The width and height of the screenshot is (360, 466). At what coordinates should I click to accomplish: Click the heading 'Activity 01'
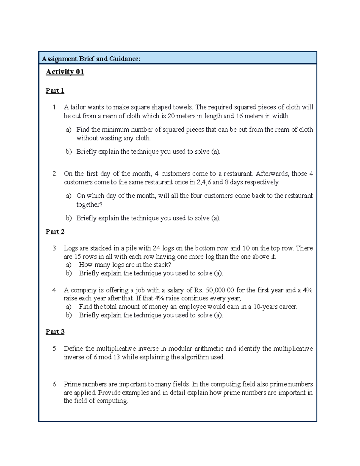pyautogui.click(x=65, y=72)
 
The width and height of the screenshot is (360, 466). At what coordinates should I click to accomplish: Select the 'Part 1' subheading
pyautogui.click(x=55, y=91)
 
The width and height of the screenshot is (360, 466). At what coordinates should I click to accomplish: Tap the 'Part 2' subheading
pyautogui.click(x=55, y=232)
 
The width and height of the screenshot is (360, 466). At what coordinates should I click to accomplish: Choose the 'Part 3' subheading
pyautogui.click(x=55, y=332)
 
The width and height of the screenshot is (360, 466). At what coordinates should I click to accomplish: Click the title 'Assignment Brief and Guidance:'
pyautogui.click(x=91, y=59)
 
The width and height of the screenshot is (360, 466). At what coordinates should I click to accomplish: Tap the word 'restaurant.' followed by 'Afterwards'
pyautogui.click(x=238, y=174)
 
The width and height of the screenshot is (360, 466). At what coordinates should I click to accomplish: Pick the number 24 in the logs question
pyautogui.click(x=156, y=248)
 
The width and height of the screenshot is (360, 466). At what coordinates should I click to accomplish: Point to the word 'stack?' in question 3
pyautogui.click(x=162, y=265)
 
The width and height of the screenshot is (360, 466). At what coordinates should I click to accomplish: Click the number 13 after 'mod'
pyautogui.click(x=116, y=357)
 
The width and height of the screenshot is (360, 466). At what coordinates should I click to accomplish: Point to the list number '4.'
pyautogui.click(x=55, y=290)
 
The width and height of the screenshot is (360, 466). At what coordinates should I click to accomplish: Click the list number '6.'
pyautogui.click(x=55, y=384)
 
